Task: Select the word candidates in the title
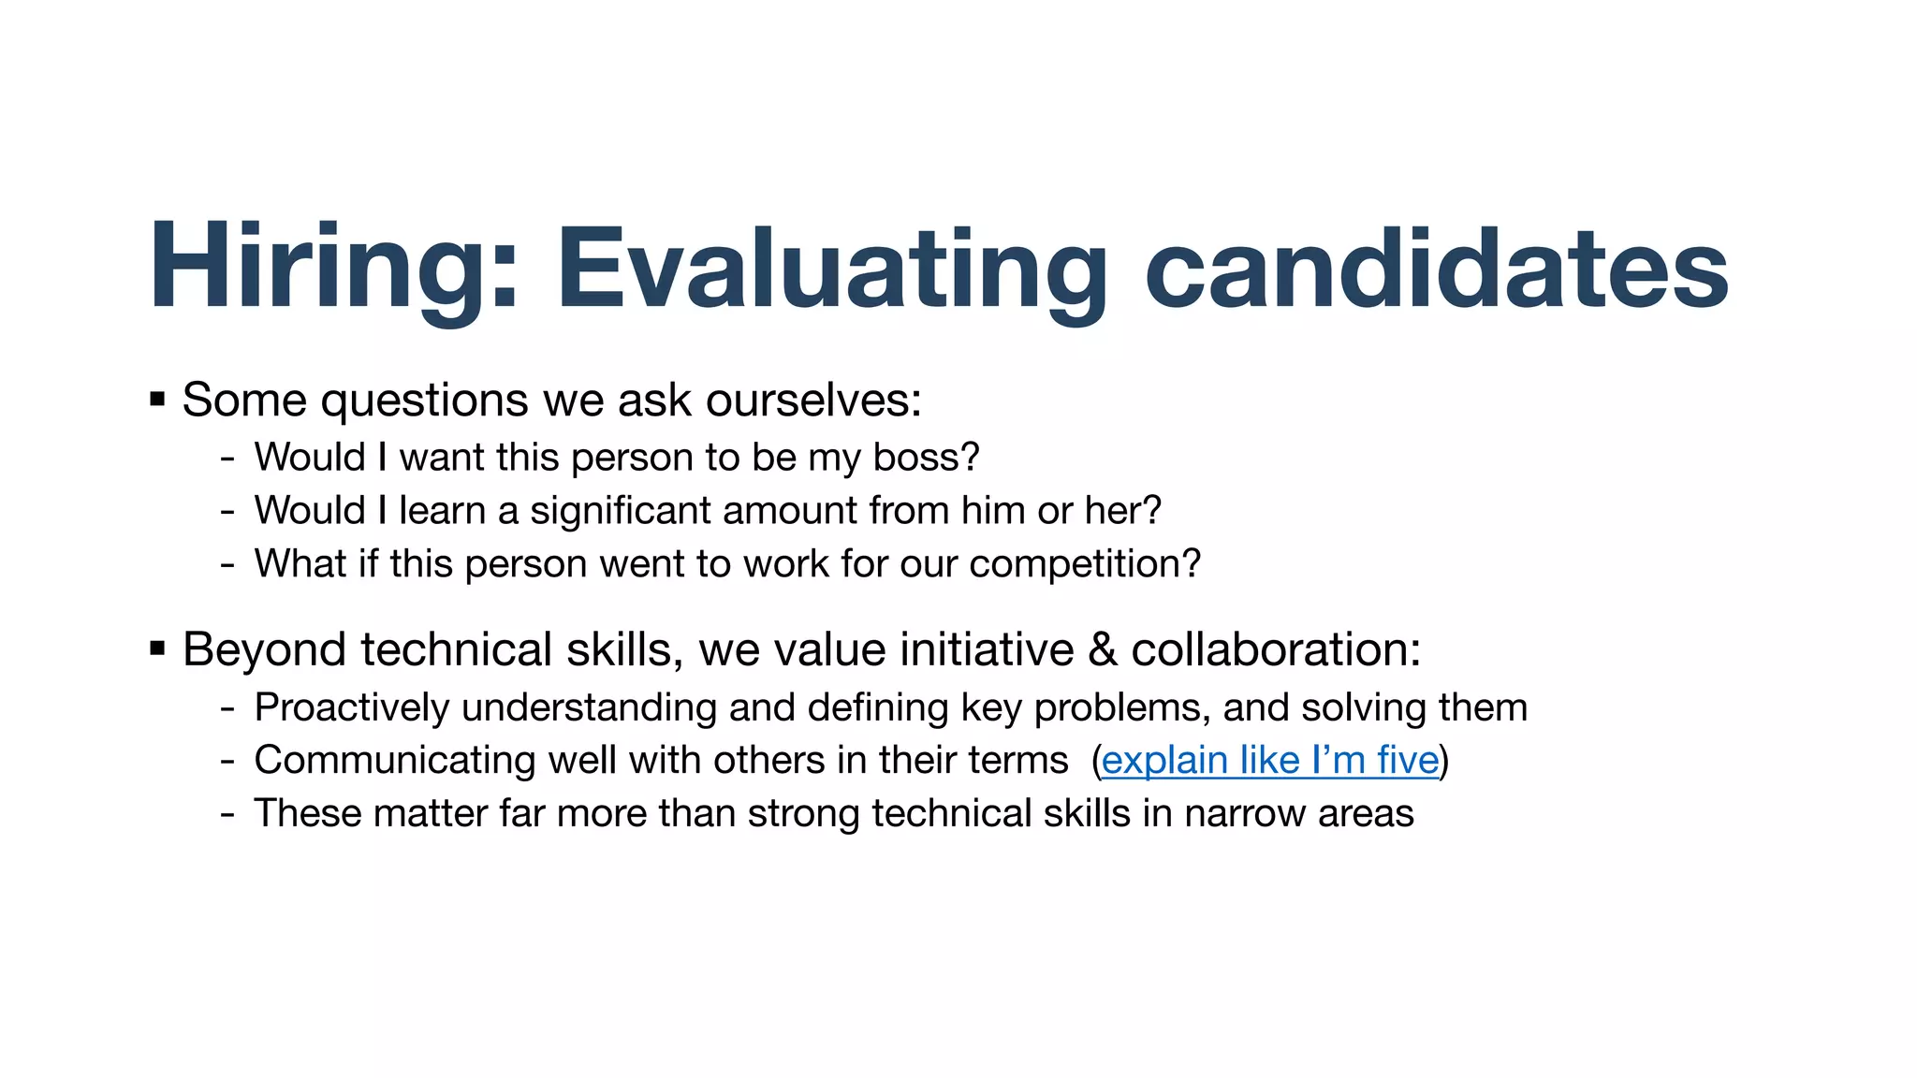click(x=1436, y=267)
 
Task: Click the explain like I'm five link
click(x=1269, y=760)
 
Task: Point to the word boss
click(x=925, y=458)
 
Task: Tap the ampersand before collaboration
click(x=1103, y=649)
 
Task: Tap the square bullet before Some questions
click(x=157, y=401)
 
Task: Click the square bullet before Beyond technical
click(x=157, y=648)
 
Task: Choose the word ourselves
click(x=812, y=401)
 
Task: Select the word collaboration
click(x=1275, y=649)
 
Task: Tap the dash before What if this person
click(x=227, y=565)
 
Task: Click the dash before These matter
click(x=227, y=814)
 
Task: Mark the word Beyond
click(x=264, y=649)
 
